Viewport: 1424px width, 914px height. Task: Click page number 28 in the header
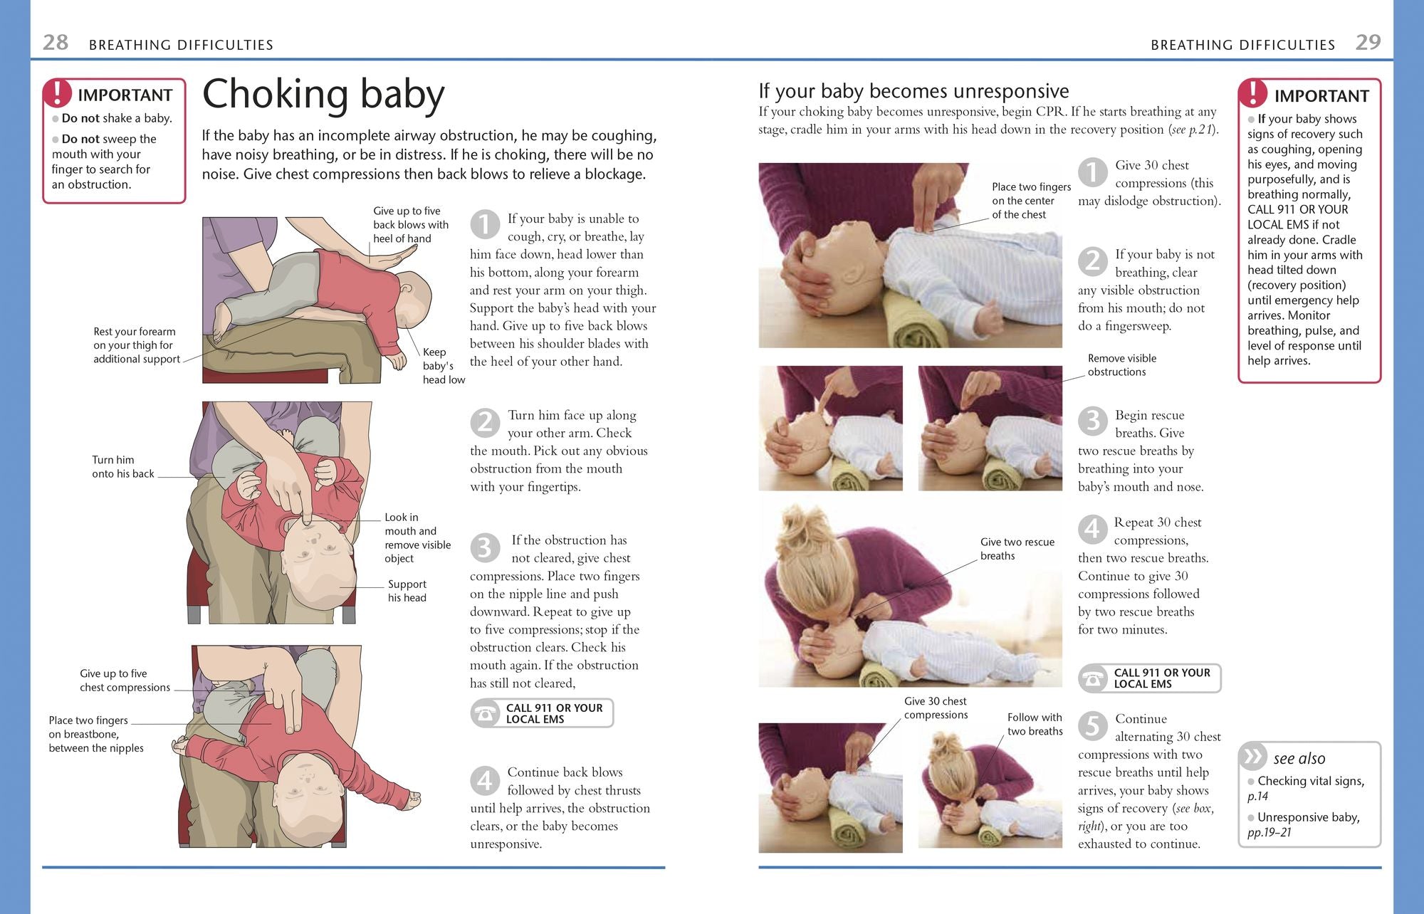click(x=56, y=43)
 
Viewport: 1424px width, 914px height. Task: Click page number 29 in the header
click(x=1368, y=43)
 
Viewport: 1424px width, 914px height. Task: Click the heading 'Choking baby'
click(x=323, y=95)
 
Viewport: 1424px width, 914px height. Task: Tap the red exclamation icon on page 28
click(x=57, y=93)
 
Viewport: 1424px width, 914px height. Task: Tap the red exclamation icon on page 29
click(x=1253, y=93)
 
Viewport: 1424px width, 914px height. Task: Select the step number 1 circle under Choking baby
click(x=485, y=224)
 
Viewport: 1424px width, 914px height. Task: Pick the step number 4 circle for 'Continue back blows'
click(x=485, y=781)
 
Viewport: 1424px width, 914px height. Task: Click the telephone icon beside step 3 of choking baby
click(x=486, y=713)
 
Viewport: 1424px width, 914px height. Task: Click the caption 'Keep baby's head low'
click(x=444, y=366)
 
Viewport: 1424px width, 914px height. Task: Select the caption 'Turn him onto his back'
click(x=122, y=467)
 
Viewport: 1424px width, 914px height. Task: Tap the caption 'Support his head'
click(x=407, y=591)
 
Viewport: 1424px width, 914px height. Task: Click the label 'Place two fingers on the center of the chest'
click(x=1031, y=201)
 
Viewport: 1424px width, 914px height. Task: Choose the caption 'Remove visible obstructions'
click(x=1122, y=365)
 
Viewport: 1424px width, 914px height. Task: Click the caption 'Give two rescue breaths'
click(x=1017, y=549)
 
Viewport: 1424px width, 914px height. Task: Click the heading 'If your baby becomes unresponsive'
click(x=913, y=91)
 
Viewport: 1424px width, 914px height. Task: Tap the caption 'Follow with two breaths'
click(x=1035, y=724)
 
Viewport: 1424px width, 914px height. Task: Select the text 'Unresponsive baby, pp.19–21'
click(x=1304, y=824)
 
